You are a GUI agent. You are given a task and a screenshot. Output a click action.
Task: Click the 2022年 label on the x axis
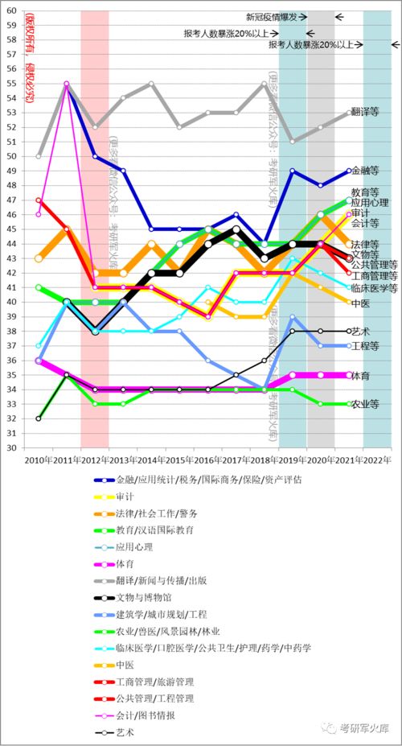coord(377,460)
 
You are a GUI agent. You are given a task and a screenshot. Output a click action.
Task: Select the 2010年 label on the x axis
coord(39,460)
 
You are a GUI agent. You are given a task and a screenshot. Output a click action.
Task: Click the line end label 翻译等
coord(365,112)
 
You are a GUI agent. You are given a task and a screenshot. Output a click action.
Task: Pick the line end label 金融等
coord(365,171)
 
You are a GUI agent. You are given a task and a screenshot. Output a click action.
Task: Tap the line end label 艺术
coord(361,331)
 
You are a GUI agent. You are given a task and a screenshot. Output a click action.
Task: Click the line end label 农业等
coord(365,404)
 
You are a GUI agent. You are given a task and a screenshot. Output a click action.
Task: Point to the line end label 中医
coord(361,302)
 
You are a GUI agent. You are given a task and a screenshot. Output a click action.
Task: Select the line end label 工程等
coord(365,345)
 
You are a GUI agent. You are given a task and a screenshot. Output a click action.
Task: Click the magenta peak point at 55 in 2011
coord(66,83)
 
